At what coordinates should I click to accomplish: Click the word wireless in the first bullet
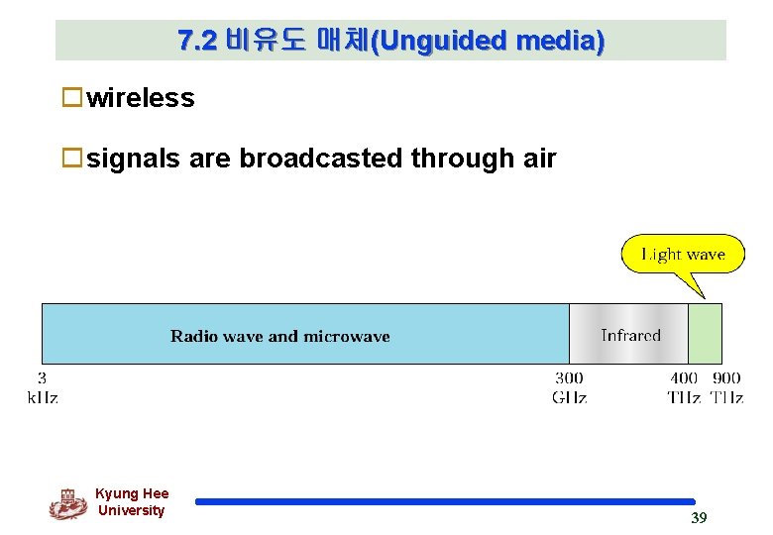tap(141, 98)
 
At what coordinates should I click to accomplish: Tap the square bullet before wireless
tap(71, 97)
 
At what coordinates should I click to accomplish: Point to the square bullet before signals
tap(71, 158)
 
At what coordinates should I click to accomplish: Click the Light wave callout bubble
tap(683, 255)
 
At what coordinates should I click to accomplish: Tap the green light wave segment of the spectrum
tap(705, 333)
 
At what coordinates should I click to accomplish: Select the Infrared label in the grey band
tap(630, 335)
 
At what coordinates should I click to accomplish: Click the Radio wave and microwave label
tap(280, 336)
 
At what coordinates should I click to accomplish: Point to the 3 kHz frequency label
tap(42, 387)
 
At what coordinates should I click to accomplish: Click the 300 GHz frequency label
tap(569, 387)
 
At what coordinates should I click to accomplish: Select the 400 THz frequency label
tap(684, 387)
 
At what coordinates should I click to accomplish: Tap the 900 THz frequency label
tap(726, 387)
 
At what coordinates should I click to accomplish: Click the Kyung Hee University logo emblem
tap(67, 503)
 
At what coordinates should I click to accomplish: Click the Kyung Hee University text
tap(132, 502)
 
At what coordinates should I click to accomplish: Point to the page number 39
tap(699, 518)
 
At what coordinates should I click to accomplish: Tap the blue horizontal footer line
tap(445, 501)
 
